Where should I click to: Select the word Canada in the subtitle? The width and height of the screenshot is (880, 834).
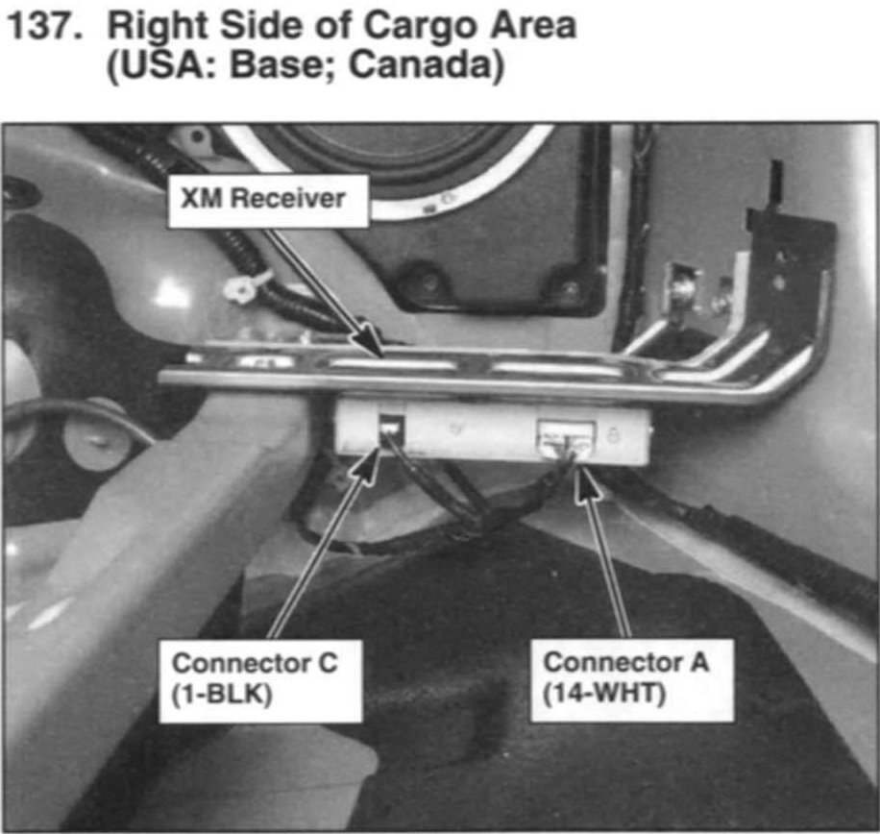(420, 65)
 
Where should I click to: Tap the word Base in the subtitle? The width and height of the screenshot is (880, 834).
(281, 65)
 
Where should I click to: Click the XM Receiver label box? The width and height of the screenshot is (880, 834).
(268, 201)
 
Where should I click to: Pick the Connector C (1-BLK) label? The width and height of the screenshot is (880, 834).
(260, 681)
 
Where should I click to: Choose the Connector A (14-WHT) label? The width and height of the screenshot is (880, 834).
(632, 679)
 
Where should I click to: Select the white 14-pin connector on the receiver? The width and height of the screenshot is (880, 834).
(566, 439)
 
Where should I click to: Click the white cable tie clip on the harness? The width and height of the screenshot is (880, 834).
(247, 285)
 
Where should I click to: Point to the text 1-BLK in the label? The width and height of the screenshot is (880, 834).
(222, 695)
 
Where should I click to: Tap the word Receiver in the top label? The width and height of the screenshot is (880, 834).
(288, 199)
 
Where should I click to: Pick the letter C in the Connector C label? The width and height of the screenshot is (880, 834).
(328, 663)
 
